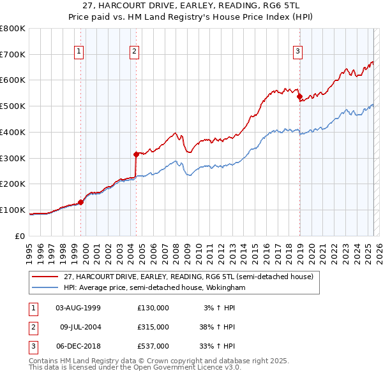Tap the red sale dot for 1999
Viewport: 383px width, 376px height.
click(x=81, y=203)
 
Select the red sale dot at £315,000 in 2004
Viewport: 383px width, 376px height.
click(x=136, y=154)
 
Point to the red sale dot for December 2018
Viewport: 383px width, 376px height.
click(x=299, y=96)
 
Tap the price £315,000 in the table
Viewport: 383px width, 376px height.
click(x=153, y=327)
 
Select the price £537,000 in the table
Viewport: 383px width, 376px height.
click(x=153, y=346)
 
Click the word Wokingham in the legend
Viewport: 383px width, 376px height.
click(x=227, y=288)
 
